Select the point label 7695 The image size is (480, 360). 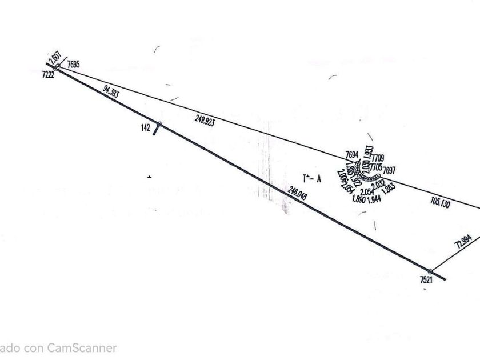(x=73, y=65)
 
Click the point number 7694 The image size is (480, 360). (x=352, y=154)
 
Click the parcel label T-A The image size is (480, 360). (x=313, y=178)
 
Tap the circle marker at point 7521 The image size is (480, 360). (x=431, y=272)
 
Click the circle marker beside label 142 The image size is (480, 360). (x=159, y=124)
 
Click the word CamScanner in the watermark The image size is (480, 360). (x=82, y=347)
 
